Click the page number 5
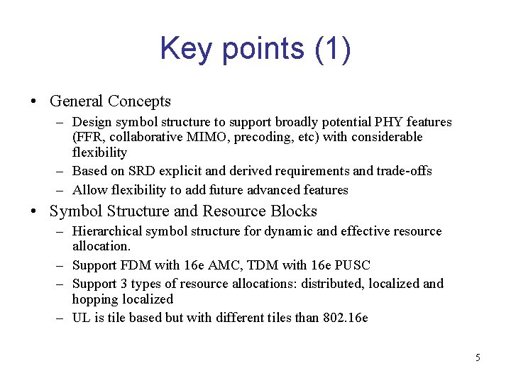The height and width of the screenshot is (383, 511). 477,357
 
